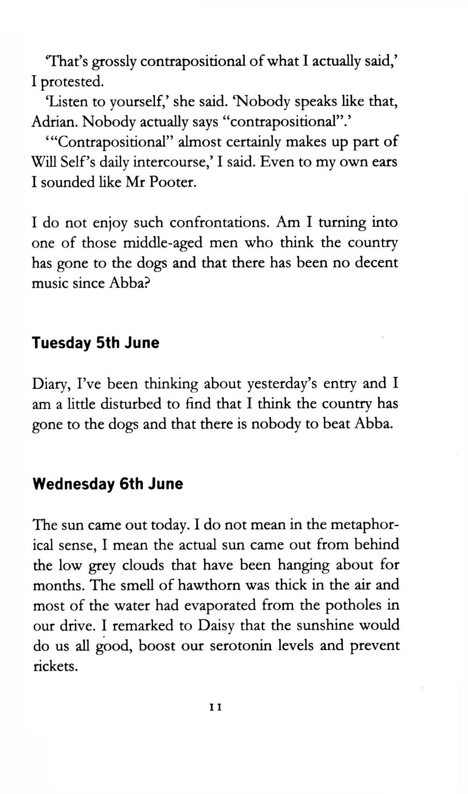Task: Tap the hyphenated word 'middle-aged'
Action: tap(163, 243)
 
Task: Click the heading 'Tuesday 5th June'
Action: tap(95, 343)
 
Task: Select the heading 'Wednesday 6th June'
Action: tap(108, 484)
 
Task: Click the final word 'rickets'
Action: tap(55, 666)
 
